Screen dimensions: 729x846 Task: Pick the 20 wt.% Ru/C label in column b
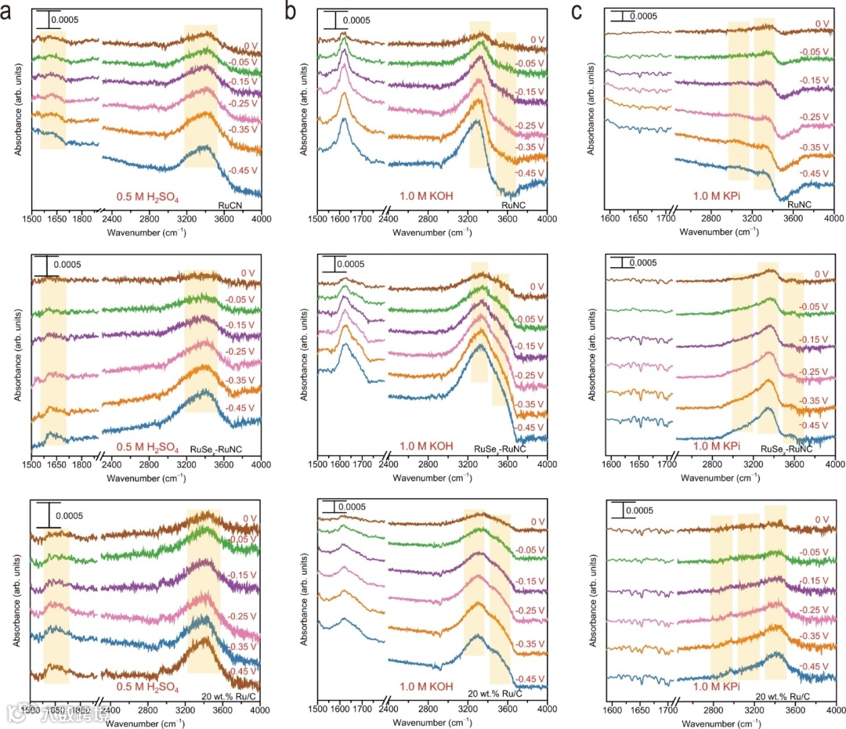tap(495, 694)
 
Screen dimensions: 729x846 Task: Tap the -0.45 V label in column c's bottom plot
tap(815, 666)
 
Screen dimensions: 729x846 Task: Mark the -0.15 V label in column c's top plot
tap(815, 81)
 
